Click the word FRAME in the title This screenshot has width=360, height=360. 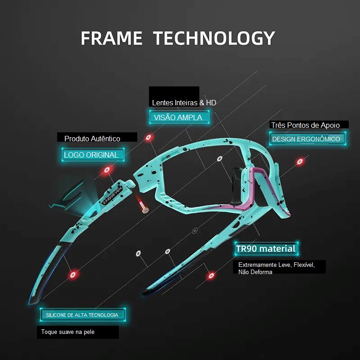click(112, 38)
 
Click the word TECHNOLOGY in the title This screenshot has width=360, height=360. click(214, 38)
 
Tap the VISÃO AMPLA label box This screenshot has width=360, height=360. click(179, 117)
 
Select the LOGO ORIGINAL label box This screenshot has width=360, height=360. click(93, 155)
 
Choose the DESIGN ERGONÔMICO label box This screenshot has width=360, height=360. click(307, 139)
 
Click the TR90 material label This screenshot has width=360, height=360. click(266, 249)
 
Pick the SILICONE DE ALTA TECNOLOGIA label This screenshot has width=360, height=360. click(83, 315)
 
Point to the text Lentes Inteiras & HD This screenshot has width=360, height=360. click(184, 103)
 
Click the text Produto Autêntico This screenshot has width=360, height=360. click(92, 139)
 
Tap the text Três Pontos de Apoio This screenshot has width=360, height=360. click(306, 125)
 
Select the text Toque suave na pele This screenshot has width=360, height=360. click(68, 332)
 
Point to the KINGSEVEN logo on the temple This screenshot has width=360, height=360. click(112, 195)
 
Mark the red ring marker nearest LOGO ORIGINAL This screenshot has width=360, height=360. click(107, 170)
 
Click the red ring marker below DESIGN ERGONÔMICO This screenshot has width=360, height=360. click(300, 162)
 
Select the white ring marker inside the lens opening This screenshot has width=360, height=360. click(220, 159)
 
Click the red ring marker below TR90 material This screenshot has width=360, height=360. click(211, 275)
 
